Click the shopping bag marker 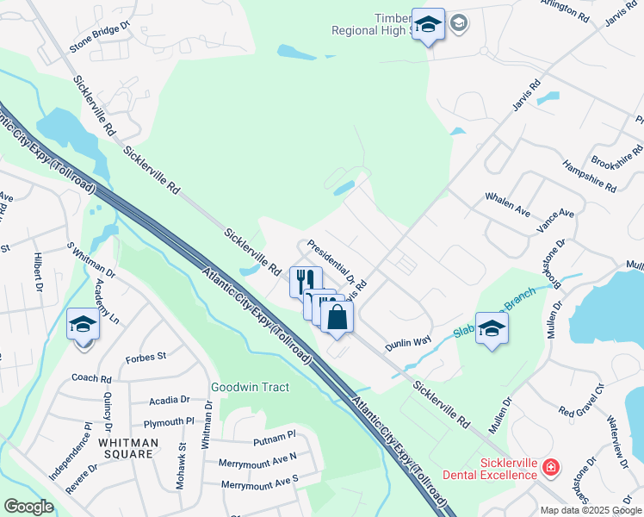337,317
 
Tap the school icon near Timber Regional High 428,25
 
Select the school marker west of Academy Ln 84,325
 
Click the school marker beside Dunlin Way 492,328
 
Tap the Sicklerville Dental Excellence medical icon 551,469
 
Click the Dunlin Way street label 408,341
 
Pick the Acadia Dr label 169,400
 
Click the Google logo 28,507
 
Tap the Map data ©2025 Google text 591,510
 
